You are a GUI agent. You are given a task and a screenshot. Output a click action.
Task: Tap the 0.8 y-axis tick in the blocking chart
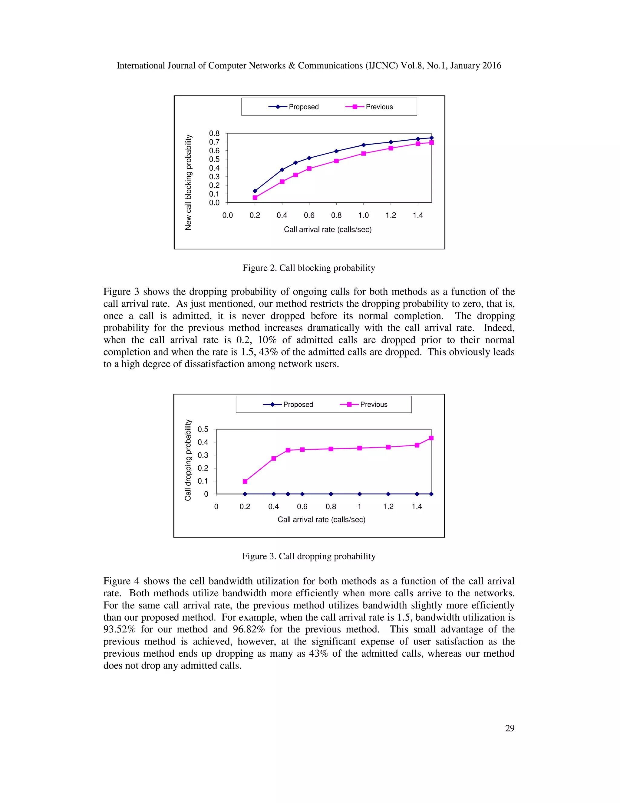(x=214, y=133)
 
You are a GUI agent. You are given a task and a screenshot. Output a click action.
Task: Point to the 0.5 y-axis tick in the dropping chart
(x=203, y=429)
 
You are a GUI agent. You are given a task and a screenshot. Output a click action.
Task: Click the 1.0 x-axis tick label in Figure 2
(x=363, y=215)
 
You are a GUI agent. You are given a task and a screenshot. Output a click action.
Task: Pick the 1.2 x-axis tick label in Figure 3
(x=388, y=507)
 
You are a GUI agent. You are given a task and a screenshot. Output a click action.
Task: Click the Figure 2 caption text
(x=309, y=268)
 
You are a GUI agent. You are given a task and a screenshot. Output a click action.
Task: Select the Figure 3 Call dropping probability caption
(x=309, y=556)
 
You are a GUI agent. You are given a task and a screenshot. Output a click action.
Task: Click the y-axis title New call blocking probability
(x=188, y=182)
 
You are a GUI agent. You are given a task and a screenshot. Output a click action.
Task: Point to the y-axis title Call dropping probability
(x=188, y=460)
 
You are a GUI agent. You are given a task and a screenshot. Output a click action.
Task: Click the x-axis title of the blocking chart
(x=328, y=230)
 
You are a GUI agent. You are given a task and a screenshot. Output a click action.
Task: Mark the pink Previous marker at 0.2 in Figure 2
(x=255, y=198)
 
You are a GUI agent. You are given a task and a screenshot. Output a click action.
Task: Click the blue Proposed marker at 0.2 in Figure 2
(x=255, y=191)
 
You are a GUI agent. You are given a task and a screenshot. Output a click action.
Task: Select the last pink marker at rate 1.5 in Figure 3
(x=431, y=438)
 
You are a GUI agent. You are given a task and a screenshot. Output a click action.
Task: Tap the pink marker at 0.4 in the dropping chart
(x=274, y=458)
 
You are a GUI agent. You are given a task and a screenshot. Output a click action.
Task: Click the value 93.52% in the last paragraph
(x=119, y=629)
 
